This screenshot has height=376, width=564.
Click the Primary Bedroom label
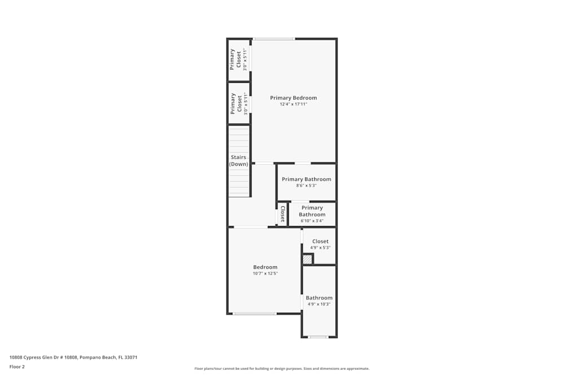tap(293, 98)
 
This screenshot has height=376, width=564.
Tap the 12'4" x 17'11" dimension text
tap(293, 104)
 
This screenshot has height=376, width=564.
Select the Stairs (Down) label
tap(239, 161)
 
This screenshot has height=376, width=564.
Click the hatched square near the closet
tap(307, 259)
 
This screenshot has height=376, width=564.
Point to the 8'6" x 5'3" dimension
tap(306, 185)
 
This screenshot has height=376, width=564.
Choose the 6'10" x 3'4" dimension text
tap(312, 221)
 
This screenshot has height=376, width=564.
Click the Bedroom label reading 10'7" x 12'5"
tap(266, 267)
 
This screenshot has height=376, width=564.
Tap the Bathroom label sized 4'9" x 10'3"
tap(319, 298)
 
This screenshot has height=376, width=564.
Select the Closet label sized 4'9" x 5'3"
tap(320, 242)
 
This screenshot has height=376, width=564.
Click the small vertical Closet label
tap(283, 214)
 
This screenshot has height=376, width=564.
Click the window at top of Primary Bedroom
tap(274, 39)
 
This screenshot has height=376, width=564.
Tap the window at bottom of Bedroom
tap(255, 314)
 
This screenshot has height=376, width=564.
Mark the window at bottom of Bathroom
tap(318, 337)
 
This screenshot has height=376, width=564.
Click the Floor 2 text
tap(17, 367)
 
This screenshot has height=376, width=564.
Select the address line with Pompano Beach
tap(73, 357)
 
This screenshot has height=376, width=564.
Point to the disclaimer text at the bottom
tap(282, 369)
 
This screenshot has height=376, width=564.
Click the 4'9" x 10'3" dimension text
tap(319, 304)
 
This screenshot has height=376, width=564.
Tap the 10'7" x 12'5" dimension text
tap(266, 273)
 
